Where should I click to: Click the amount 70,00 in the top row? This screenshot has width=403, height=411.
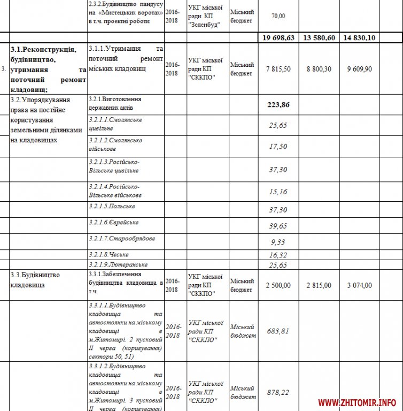[278, 16]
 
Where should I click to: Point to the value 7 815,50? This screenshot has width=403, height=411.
[277, 70]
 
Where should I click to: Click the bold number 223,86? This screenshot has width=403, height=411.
[278, 104]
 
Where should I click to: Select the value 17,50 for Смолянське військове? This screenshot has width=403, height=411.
[278, 147]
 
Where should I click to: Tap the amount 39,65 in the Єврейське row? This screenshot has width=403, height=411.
[278, 226]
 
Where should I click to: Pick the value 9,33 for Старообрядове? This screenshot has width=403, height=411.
[278, 242]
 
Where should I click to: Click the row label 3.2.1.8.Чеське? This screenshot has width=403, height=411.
[109, 254]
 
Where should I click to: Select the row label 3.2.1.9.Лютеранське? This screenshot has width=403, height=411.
[118, 264]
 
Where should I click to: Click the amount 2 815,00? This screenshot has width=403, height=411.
[319, 285]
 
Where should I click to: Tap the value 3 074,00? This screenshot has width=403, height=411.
[359, 285]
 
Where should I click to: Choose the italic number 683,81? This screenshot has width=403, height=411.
[278, 331]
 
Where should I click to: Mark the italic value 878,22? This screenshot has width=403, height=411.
[278, 392]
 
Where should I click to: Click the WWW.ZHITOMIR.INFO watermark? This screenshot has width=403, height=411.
[357, 402]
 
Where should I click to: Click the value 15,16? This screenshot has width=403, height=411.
[278, 191]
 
